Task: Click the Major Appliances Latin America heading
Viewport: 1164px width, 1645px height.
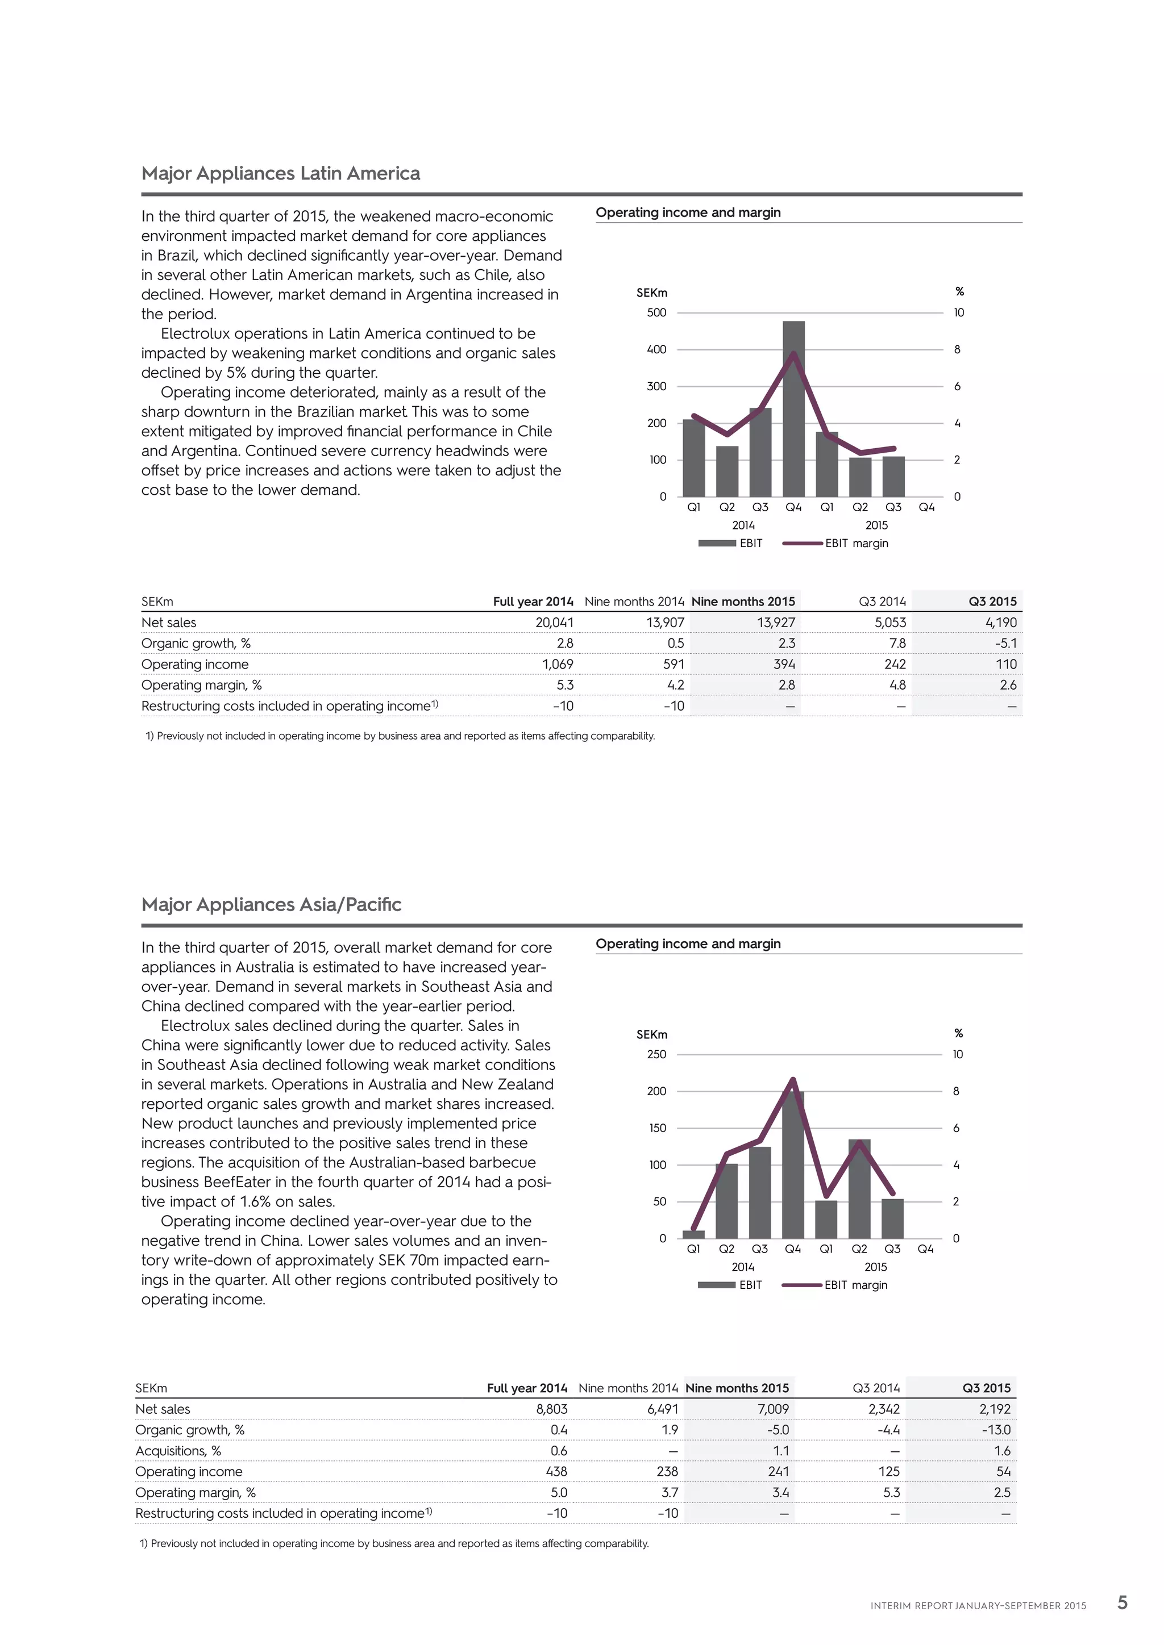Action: tap(280, 173)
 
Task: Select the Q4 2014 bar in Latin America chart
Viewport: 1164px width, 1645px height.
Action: tap(793, 408)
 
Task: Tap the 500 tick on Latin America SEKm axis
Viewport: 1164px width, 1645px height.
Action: tap(656, 312)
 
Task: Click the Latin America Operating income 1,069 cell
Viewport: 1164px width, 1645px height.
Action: tap(557, 664)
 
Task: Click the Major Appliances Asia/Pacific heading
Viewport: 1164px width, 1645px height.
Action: tap(271, 904)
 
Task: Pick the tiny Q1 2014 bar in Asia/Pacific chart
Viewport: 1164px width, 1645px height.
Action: tap(693, 1234)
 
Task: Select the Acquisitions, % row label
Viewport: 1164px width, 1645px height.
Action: tap(178, 1451)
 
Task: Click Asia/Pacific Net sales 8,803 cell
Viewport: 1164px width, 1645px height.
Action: tap(551, 1409)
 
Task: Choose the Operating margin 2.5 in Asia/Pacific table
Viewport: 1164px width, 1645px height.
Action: tap(1002, 1492)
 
